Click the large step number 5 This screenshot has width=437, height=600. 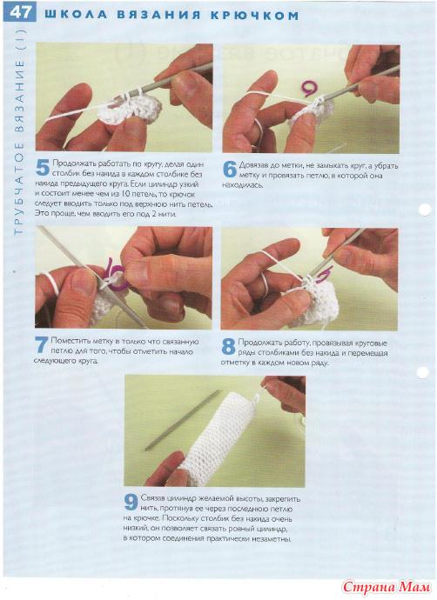pyautogui.click(x=43, y=169)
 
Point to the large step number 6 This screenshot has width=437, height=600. pyautogui.click(x=229, y=170)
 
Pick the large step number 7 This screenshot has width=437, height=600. pyautogui.click(x=42, y=344)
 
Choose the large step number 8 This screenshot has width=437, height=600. pyautogui.click(x=228, y=347)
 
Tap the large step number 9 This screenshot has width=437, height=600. pyautogui.click(x=131, y=502)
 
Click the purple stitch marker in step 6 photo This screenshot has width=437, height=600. pyautogui.click(x=309, y=88)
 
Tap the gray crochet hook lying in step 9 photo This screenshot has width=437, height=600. pyautogui.click(x=183, y=420)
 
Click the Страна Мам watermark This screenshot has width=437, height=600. pyautogui.click(x=386, y=587)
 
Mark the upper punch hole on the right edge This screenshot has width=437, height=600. pyautogui.click(x=425, y=210)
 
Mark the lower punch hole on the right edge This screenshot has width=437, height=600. pyautogui.click(x=423, y=372)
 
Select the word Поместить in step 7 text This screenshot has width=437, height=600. pyautogui.click(x=70, y=341)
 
